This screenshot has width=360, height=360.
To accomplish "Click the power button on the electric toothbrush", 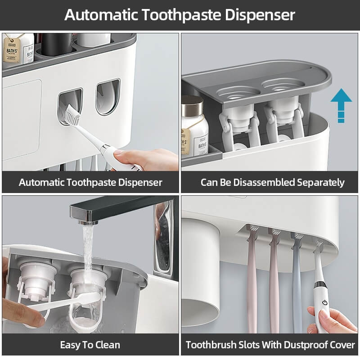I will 322,302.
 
